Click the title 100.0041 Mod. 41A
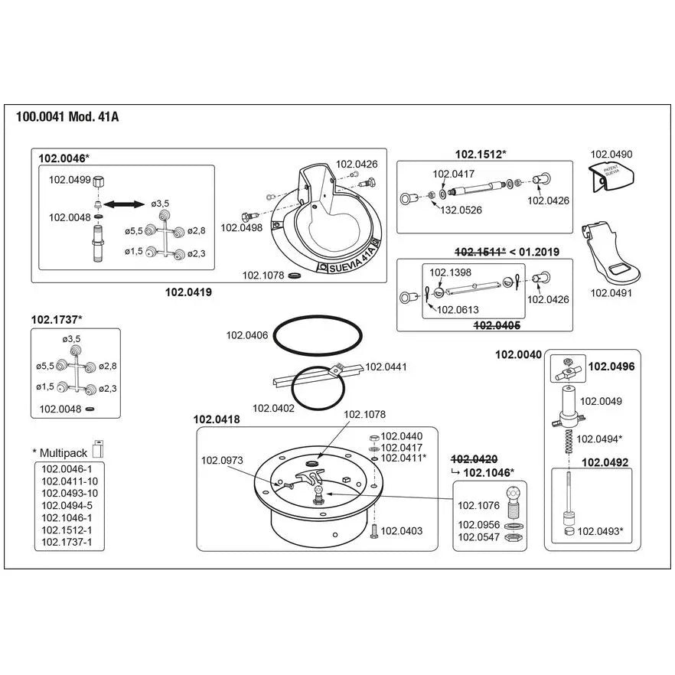[67, 116]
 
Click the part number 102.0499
[70, 180]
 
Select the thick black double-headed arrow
[124, 204]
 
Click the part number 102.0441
[386, 367]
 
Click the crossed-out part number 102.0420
[474, 459]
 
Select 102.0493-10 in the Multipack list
[70, 494]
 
